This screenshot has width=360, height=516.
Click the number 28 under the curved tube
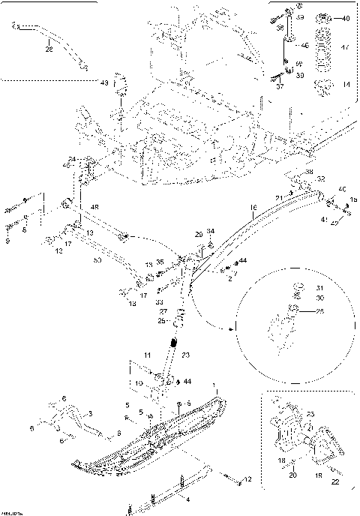49,49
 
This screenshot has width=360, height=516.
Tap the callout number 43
105,82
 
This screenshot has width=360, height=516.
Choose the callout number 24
72,159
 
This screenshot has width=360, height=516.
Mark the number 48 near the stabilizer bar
94,206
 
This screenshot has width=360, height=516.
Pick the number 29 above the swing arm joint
199,234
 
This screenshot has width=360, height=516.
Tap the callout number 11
148,353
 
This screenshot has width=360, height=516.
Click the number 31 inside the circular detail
318,288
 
